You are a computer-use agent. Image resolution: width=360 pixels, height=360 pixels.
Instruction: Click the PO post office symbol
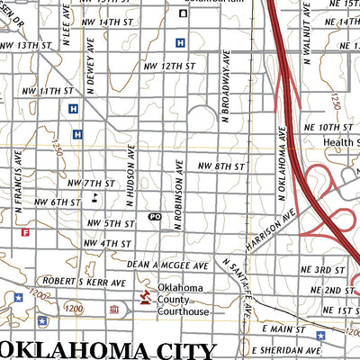155,217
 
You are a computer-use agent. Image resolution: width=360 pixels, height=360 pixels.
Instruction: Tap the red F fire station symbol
25,232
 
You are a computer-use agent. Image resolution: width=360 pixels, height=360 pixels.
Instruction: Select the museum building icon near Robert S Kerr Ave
114,310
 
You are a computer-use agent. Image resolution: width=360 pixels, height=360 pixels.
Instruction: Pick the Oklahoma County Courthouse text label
184,301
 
